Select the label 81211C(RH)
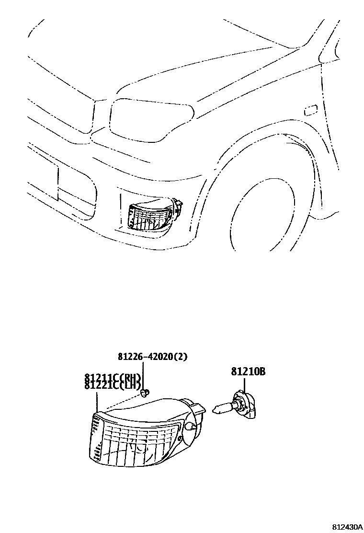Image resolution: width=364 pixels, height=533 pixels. click(x=114, y=377)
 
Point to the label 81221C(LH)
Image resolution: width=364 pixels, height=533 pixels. click(x=113, y=385)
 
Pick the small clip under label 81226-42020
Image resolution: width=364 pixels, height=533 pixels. click(x=146, y=394)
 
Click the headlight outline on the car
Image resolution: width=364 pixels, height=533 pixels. click(x=151, y=115)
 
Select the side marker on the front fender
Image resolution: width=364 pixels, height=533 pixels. click(x=311, y=110)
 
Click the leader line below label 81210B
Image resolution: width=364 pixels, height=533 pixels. click(x=245, y=384)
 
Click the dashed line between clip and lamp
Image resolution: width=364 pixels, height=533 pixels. click(x=125, y=403)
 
